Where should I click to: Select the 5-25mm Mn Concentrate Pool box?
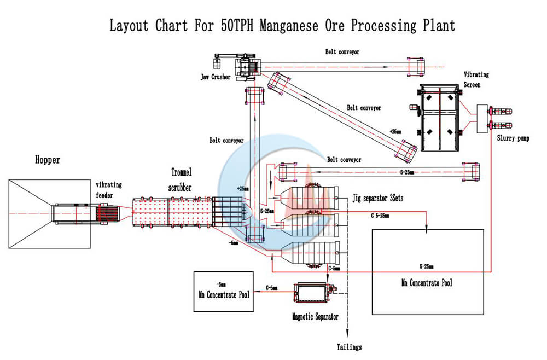(427, 272)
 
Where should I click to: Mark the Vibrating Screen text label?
(476, 80)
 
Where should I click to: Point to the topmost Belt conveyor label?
(342, 52)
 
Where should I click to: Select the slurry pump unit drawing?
(497, 118)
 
